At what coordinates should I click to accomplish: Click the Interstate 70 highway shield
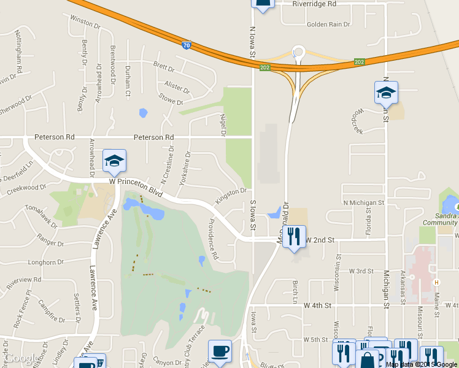[187, 45]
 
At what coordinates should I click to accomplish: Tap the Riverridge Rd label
[314, 4]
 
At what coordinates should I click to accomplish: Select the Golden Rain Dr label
[328, 25]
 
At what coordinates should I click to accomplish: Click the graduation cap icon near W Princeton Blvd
[114, 161]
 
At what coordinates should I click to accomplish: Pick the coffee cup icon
[220, 351]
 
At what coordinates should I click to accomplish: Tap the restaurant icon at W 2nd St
[294, 236]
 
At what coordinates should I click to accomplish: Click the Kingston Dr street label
[230, 197]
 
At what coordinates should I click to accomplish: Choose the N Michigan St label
[363, 202]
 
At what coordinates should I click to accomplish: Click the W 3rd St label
[361, 270]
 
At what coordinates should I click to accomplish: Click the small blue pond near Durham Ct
[143, 113]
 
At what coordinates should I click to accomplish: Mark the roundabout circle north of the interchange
[299, 52]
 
